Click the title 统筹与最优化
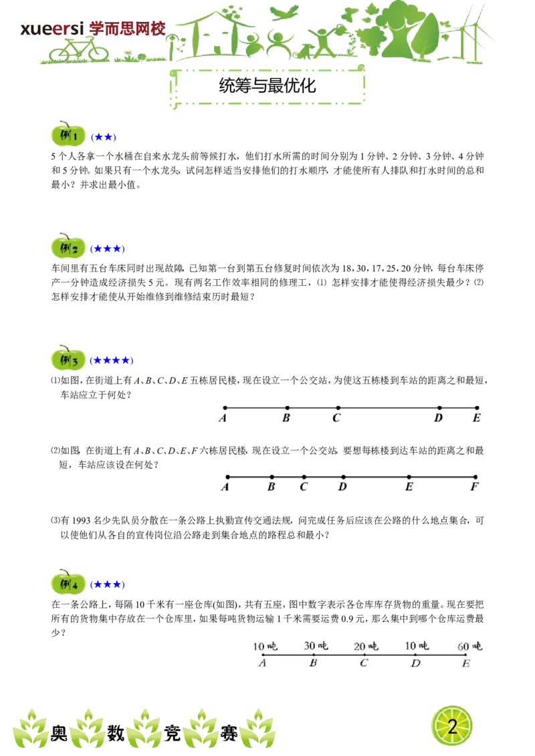(267, 86)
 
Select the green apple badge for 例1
(68, 134)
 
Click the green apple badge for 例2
(68, 246)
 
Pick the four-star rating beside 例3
(112, 360)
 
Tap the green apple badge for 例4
(68, 582)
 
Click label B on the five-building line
(286, 418)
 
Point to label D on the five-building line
(439, 418)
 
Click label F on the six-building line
(475, 487)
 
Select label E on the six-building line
(409, 487)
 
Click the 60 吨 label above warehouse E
(470, 646)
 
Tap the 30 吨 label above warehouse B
(316, 646)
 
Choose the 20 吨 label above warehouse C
(366, 646)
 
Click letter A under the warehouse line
(262, 663)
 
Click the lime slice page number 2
(452, 726)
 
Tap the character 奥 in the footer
(59, 733)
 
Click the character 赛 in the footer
(229, 733)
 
